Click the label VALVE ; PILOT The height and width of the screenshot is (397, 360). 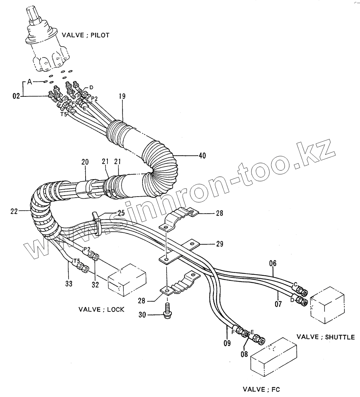(85, 35)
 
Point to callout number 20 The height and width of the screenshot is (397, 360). (85, 162)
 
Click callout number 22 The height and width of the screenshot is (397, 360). (14, 211)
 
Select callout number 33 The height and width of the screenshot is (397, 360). (69, 284)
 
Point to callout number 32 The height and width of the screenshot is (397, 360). (95, 284)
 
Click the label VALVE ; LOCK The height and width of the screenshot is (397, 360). (101, 309)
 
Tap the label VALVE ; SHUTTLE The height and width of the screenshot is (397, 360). (326, 337)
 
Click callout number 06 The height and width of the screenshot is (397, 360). (272, 263)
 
